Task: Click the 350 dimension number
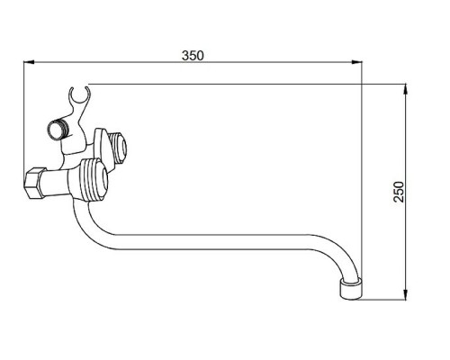193,56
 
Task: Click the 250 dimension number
399,192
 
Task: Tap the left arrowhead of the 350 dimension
29,62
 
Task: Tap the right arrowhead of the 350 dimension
356,62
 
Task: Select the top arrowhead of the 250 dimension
405,90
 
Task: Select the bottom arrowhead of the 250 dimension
405,294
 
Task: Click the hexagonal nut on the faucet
33,183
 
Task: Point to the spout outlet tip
351,290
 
